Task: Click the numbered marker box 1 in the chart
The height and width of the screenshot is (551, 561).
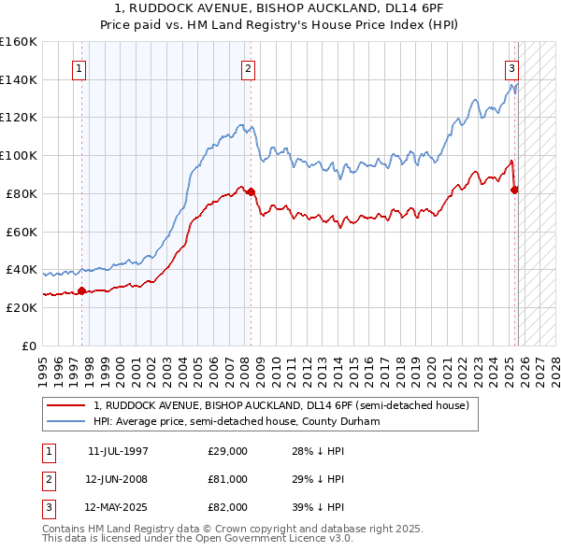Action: (79, 68)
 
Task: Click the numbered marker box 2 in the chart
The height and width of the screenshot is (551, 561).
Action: (248, 68)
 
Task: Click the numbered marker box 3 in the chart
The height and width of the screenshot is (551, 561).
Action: (512, 68)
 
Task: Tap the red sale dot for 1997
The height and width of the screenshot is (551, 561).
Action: (81, 290)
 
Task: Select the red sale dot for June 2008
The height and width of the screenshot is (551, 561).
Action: (251, 191)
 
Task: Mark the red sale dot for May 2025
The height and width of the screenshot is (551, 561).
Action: (514, 190)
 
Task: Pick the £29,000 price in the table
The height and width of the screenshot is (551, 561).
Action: (227, 451)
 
